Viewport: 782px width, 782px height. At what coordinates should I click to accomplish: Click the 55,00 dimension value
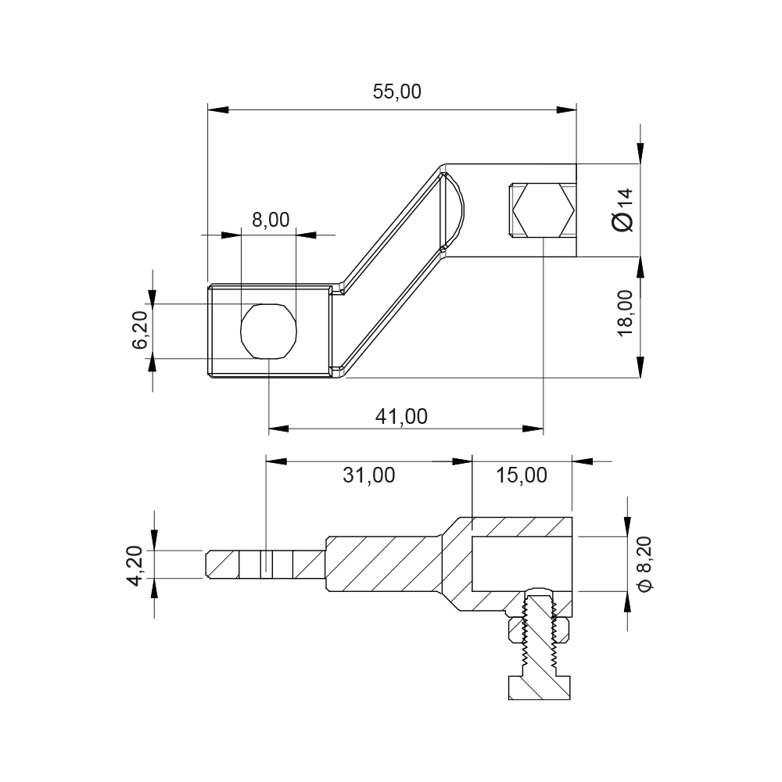[396, 91]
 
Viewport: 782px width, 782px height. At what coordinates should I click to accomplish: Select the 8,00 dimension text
[271, 220]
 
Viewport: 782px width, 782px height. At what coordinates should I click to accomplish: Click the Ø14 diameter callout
[623, 209]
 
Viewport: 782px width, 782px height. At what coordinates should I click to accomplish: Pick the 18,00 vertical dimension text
[625, 313]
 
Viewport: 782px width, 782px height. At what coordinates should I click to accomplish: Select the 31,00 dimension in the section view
[369, 475]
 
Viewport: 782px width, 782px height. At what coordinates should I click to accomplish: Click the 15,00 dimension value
[522, 475]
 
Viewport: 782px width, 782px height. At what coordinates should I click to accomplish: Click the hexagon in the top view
[543, 210]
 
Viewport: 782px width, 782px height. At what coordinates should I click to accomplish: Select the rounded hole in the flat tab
[270, 332]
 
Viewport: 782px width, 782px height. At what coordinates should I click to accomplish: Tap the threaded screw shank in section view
[538, 633]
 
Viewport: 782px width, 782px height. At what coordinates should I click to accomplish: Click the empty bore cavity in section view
[522, 563]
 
